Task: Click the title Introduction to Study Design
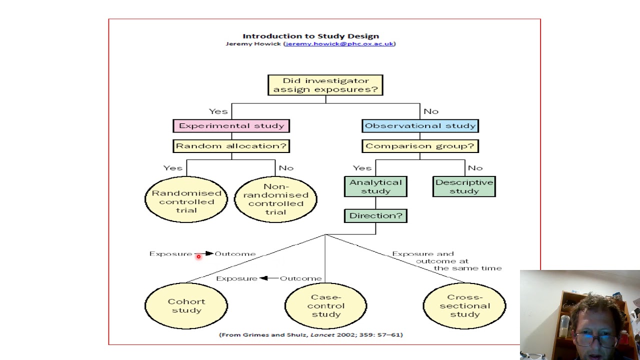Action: click(x=310, y=36)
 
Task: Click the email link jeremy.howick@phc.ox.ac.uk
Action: click(x=339, y=43)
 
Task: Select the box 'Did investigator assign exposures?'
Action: click(x=325, y=85)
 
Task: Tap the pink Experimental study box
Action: click(x=231, y=126)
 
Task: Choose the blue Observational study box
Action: click(x=420, y=126)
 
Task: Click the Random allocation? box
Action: click(x=231, y=146)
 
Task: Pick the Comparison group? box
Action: click(x=420, y=146)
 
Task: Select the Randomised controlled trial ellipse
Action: click(x=186, y=199)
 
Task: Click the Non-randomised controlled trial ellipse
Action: click(x=275, y=199)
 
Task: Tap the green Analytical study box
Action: click(x=375, y=186)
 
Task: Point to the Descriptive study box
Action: click(x=464, y=186)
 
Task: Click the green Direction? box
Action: click(x=375, y=216)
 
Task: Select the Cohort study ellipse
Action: click(x=186, y=305)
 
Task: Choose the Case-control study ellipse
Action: click(x=325, y=305)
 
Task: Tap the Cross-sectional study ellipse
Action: click(x=464, y=305)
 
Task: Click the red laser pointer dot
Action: click(x=198, y=256)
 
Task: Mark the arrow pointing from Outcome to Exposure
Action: click(x=268, y=278)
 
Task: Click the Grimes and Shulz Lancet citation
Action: click(x=310, y=334)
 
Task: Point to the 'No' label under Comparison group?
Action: click(x=475, y=168)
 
